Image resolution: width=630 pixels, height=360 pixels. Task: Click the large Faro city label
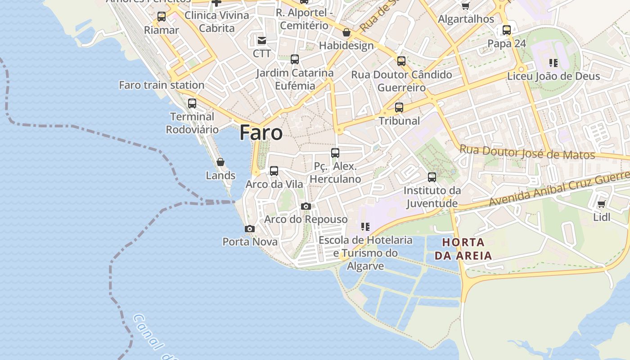(x=261, y=133)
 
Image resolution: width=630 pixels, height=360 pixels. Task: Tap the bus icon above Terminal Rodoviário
(x=192, y=103)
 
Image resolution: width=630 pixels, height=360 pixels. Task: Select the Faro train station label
(x=162, y=85)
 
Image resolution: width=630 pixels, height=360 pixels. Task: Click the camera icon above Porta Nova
(x=250, y=229)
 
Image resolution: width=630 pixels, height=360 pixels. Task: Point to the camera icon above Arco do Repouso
(x=306, y=207)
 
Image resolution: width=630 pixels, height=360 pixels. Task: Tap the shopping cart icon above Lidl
(x=602, y=204)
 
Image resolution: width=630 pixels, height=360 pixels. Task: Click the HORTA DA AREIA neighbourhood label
(x=463, y=249)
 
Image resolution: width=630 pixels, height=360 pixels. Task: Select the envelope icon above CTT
(x=261, y=41)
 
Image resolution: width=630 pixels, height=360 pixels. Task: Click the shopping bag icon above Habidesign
(x=346, y=32)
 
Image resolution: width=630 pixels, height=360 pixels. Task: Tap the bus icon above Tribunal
(x=399, y=108)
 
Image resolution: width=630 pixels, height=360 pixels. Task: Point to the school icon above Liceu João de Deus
(x=553, y=63)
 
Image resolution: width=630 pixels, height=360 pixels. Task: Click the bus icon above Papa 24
(x=507, y=30)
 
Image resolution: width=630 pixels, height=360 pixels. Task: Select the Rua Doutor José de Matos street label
(x=527, y=153)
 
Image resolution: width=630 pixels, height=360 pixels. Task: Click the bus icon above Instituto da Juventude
(x=432, y=177)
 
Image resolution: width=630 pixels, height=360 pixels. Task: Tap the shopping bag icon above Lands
(x=220, y=162)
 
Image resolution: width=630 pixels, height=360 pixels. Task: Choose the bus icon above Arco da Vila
(x=274, y=171)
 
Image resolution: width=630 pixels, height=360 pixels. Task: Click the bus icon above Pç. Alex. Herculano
(x=335, y=153)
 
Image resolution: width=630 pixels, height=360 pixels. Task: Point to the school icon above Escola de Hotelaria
(x=365, y=227)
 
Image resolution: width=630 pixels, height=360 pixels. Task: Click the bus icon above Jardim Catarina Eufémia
(x=295, y=59)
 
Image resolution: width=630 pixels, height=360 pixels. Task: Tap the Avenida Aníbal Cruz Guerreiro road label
(x=558, y=189)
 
